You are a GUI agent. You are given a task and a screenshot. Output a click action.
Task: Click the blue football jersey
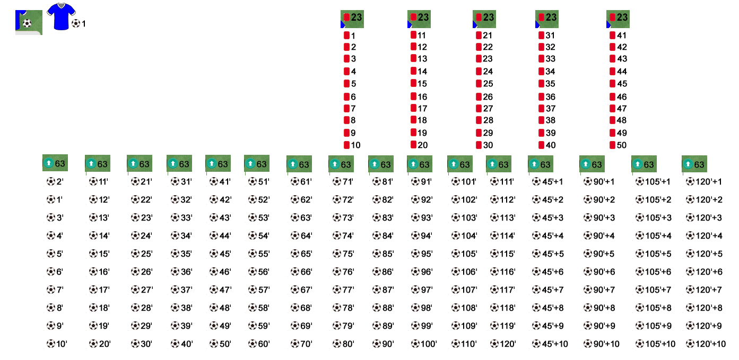pyautogui.click(x=61, y=16)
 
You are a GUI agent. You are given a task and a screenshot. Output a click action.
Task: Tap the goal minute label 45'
pyautogui.click(x=220, y=254)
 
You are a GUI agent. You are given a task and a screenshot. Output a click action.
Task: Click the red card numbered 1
pyautogui.click(x=350, y=36)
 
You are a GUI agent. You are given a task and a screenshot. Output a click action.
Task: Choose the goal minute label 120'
pyautogui.click(x=503, y=344)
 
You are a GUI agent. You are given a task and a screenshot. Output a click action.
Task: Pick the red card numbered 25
pyautogui.click(x=484, y=84)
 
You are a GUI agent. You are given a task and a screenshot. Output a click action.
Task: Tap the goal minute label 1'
pyautogui.click(x=55, y=199)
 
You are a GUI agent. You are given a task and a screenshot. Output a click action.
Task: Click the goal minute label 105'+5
pyautogui.click(x=653, y=254)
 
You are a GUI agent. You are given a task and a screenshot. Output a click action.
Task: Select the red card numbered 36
pyautogui.click(x=547, y=97)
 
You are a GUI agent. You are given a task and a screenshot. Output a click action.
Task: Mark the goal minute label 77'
pyautogui.click(x=343, y=290)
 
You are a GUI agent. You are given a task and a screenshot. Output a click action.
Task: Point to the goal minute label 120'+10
pyautogui.click(x=706, y=344)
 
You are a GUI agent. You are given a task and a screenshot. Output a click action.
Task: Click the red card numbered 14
pyautogui.click(x=419, y=71)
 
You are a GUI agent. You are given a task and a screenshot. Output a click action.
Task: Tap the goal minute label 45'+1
pyautogui.click(x=547, y=182)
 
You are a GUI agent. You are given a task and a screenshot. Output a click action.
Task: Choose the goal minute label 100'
pyautogui.click(x=424, y=344)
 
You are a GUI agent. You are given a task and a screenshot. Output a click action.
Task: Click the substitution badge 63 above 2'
pyautogui.click(x=55, y=163)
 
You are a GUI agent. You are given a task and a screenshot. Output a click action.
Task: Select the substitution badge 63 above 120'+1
pyautogui.click(x=694, y=164)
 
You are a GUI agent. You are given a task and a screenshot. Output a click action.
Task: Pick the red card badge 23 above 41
pyautogui.click(x=618, y=19)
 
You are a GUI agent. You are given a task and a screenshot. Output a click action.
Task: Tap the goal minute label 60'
pyautogui.click(x=259, y=344)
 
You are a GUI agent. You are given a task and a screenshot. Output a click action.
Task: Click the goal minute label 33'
pyautogui.click(x=181, y=217)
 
